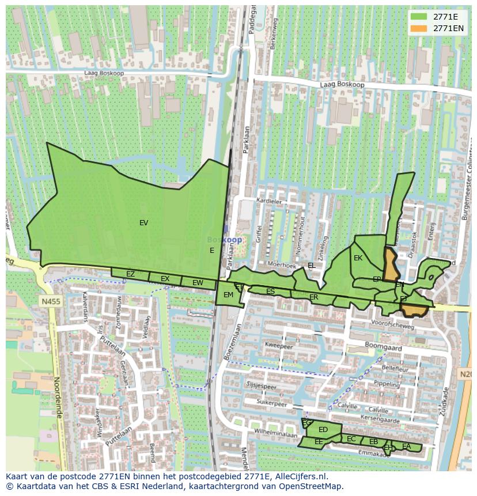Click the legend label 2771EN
pos(448,28)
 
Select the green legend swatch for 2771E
pos(419,17)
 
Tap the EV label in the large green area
pos(143,223)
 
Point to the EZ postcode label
pos(130,274)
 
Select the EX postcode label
pos(165,279)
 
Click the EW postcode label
pos(198,283)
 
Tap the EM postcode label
pos(228,295)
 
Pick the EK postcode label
pos(358,258)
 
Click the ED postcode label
pos(323,430)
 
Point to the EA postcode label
pos(407,446)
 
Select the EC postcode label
pos(351,439)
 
